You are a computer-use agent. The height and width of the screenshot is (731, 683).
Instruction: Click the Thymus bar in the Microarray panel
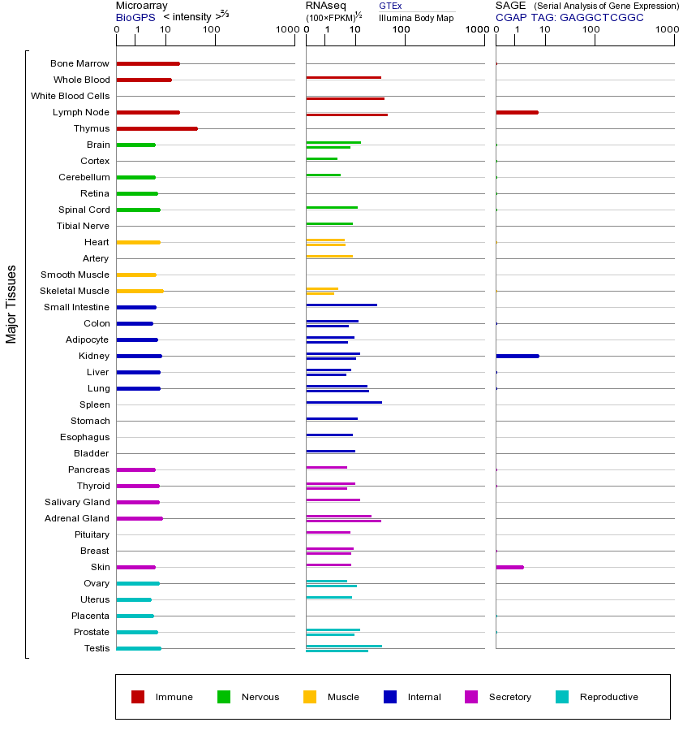coord(157,128)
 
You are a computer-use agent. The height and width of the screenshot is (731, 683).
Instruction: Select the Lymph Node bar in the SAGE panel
coord(517,112)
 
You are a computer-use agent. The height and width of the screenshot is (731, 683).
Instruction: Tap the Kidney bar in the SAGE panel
coord(517,356)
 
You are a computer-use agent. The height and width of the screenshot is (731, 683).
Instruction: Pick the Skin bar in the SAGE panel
coord(509,567)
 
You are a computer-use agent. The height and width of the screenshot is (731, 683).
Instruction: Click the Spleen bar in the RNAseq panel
coord(343,402)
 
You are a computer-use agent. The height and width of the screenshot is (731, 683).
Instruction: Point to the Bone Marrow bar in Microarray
coord(148,63)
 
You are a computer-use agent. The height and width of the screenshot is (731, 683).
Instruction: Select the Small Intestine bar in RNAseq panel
coord(341,305)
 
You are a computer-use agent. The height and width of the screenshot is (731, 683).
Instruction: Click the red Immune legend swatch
coord(138,697)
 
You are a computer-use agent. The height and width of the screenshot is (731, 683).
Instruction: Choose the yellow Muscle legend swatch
coord(310,697)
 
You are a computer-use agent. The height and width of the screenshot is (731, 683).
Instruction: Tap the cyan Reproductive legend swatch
coord(562,697)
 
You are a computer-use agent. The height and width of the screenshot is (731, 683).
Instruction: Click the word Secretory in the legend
coord(509,697)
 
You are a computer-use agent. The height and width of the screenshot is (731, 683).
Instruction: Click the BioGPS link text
coord(135,17)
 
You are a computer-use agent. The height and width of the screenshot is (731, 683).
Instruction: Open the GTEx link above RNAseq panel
coord(390,6)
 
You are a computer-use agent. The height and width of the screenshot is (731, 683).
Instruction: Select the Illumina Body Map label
coord(416,17)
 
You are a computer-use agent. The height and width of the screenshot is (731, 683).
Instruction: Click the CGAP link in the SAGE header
coord(511,17)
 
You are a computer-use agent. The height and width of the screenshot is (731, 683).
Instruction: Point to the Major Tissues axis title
coord(11,304)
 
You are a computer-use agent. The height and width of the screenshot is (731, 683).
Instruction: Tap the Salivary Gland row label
coord(77,502)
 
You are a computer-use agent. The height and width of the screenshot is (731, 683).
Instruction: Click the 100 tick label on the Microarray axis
coord(212,30)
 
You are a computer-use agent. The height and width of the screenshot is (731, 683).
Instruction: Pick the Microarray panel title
coord(141,6)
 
